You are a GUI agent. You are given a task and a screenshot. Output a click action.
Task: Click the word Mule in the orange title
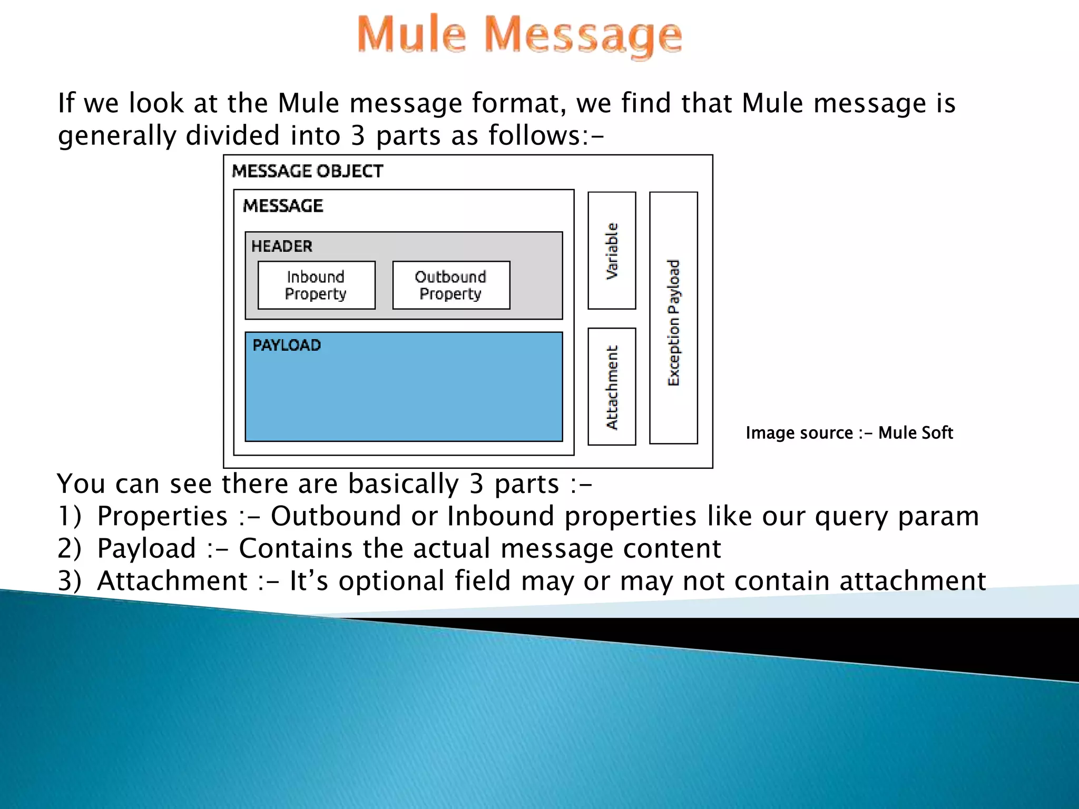click(411, 35)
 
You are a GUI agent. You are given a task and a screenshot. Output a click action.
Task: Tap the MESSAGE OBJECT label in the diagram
click(307, 171)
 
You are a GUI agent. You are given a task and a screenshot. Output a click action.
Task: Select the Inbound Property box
click(316, 285)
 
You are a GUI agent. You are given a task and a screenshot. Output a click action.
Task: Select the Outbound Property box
click(451, 285)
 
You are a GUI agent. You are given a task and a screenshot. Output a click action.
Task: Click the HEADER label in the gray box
click(282, 246)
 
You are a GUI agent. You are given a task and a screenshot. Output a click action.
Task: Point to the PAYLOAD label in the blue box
click(287, 346)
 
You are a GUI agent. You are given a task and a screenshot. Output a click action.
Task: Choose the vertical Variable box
click(612, 250)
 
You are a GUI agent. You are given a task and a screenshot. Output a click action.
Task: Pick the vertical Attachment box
click(612, 387)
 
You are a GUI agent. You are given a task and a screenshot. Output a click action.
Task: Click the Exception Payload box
click(673, 318)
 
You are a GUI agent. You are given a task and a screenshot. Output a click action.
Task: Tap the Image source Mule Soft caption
click(849, 433)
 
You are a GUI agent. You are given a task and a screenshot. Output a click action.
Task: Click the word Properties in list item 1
click(162, 516)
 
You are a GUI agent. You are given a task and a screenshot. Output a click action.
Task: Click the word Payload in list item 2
click(146, 549)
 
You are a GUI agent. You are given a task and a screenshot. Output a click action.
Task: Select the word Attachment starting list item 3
click(172, 581)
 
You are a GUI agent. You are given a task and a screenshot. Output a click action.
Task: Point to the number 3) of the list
click(69, 581)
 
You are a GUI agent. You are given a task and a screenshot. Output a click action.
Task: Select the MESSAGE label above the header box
click(283, 205)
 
